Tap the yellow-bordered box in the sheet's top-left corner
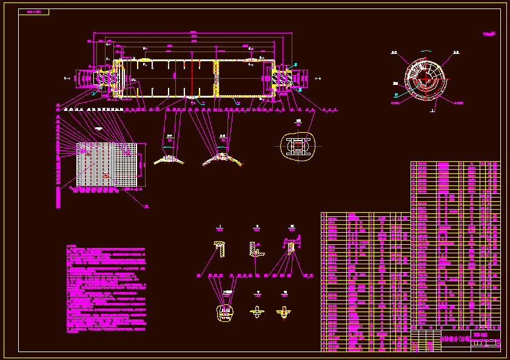33,12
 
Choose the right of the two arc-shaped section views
221,158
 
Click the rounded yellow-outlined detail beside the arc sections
297,147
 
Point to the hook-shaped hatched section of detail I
219,248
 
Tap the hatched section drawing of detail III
291,247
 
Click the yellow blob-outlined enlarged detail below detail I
226,312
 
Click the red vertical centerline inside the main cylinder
192,78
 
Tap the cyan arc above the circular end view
425,50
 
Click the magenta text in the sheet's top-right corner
489,35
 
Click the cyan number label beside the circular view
395,95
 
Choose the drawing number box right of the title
481,335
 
